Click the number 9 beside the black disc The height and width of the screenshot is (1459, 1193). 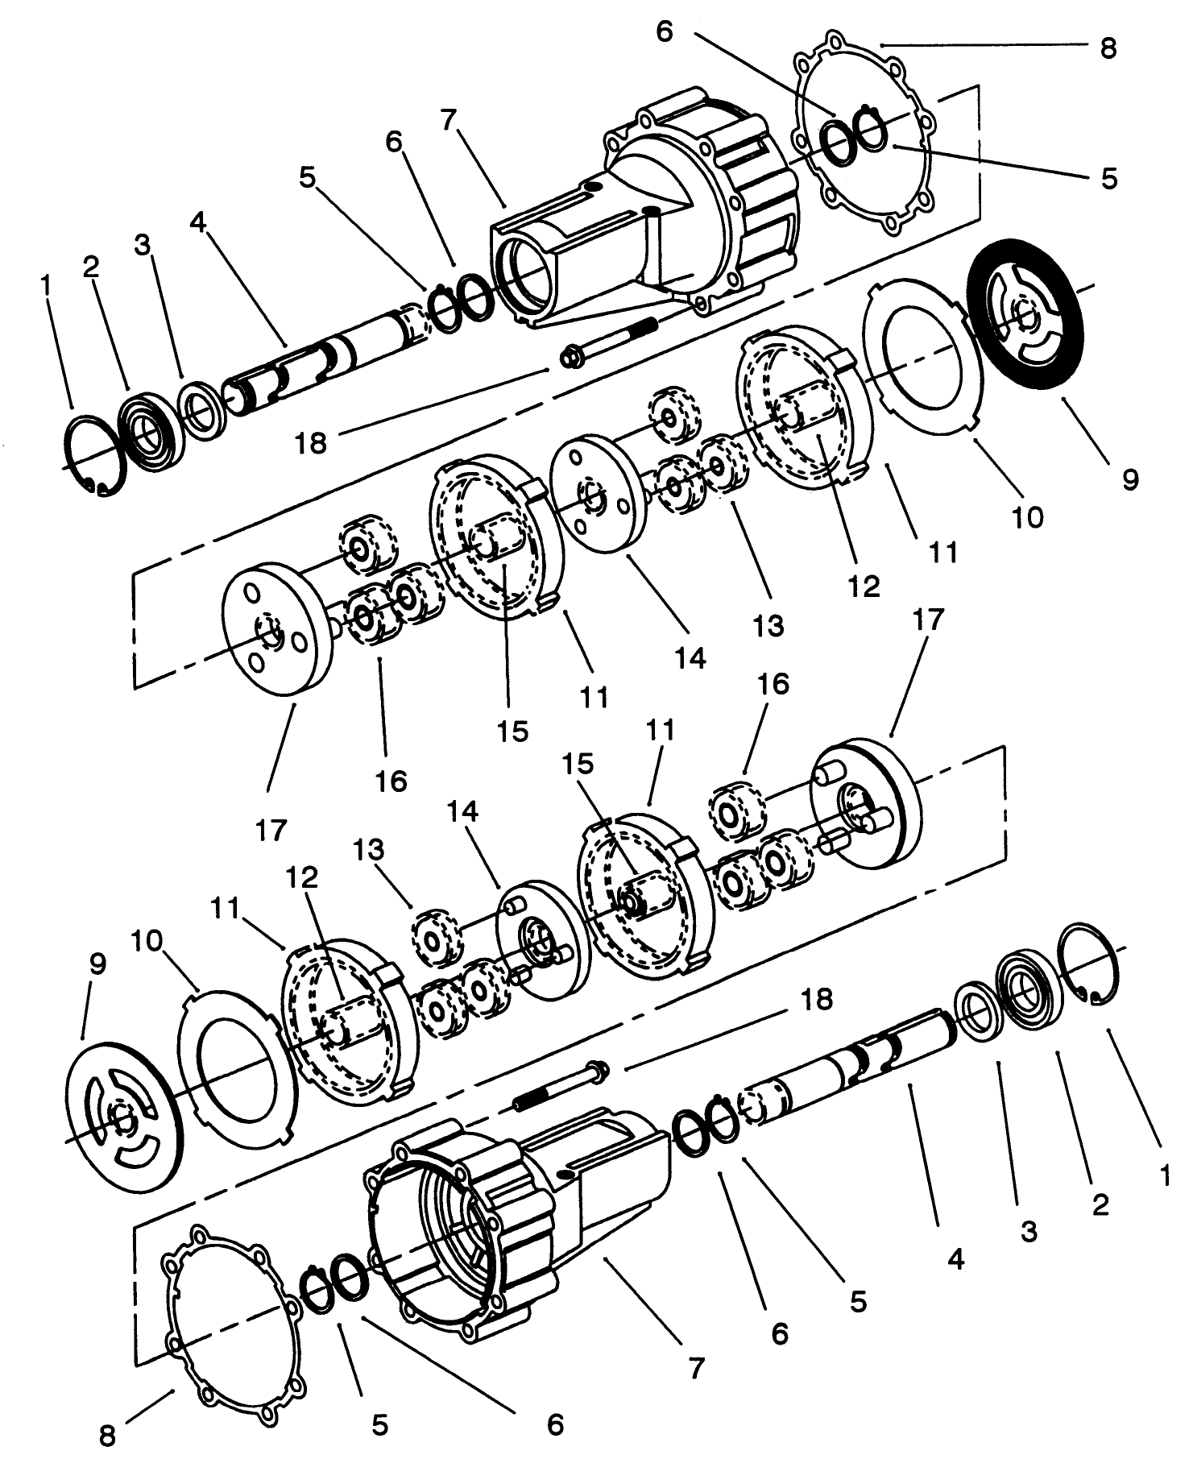tap(1129, 480)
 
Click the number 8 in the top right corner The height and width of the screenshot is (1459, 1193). tap(1108, 48)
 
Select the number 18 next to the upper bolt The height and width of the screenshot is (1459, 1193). tap(311, 441)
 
